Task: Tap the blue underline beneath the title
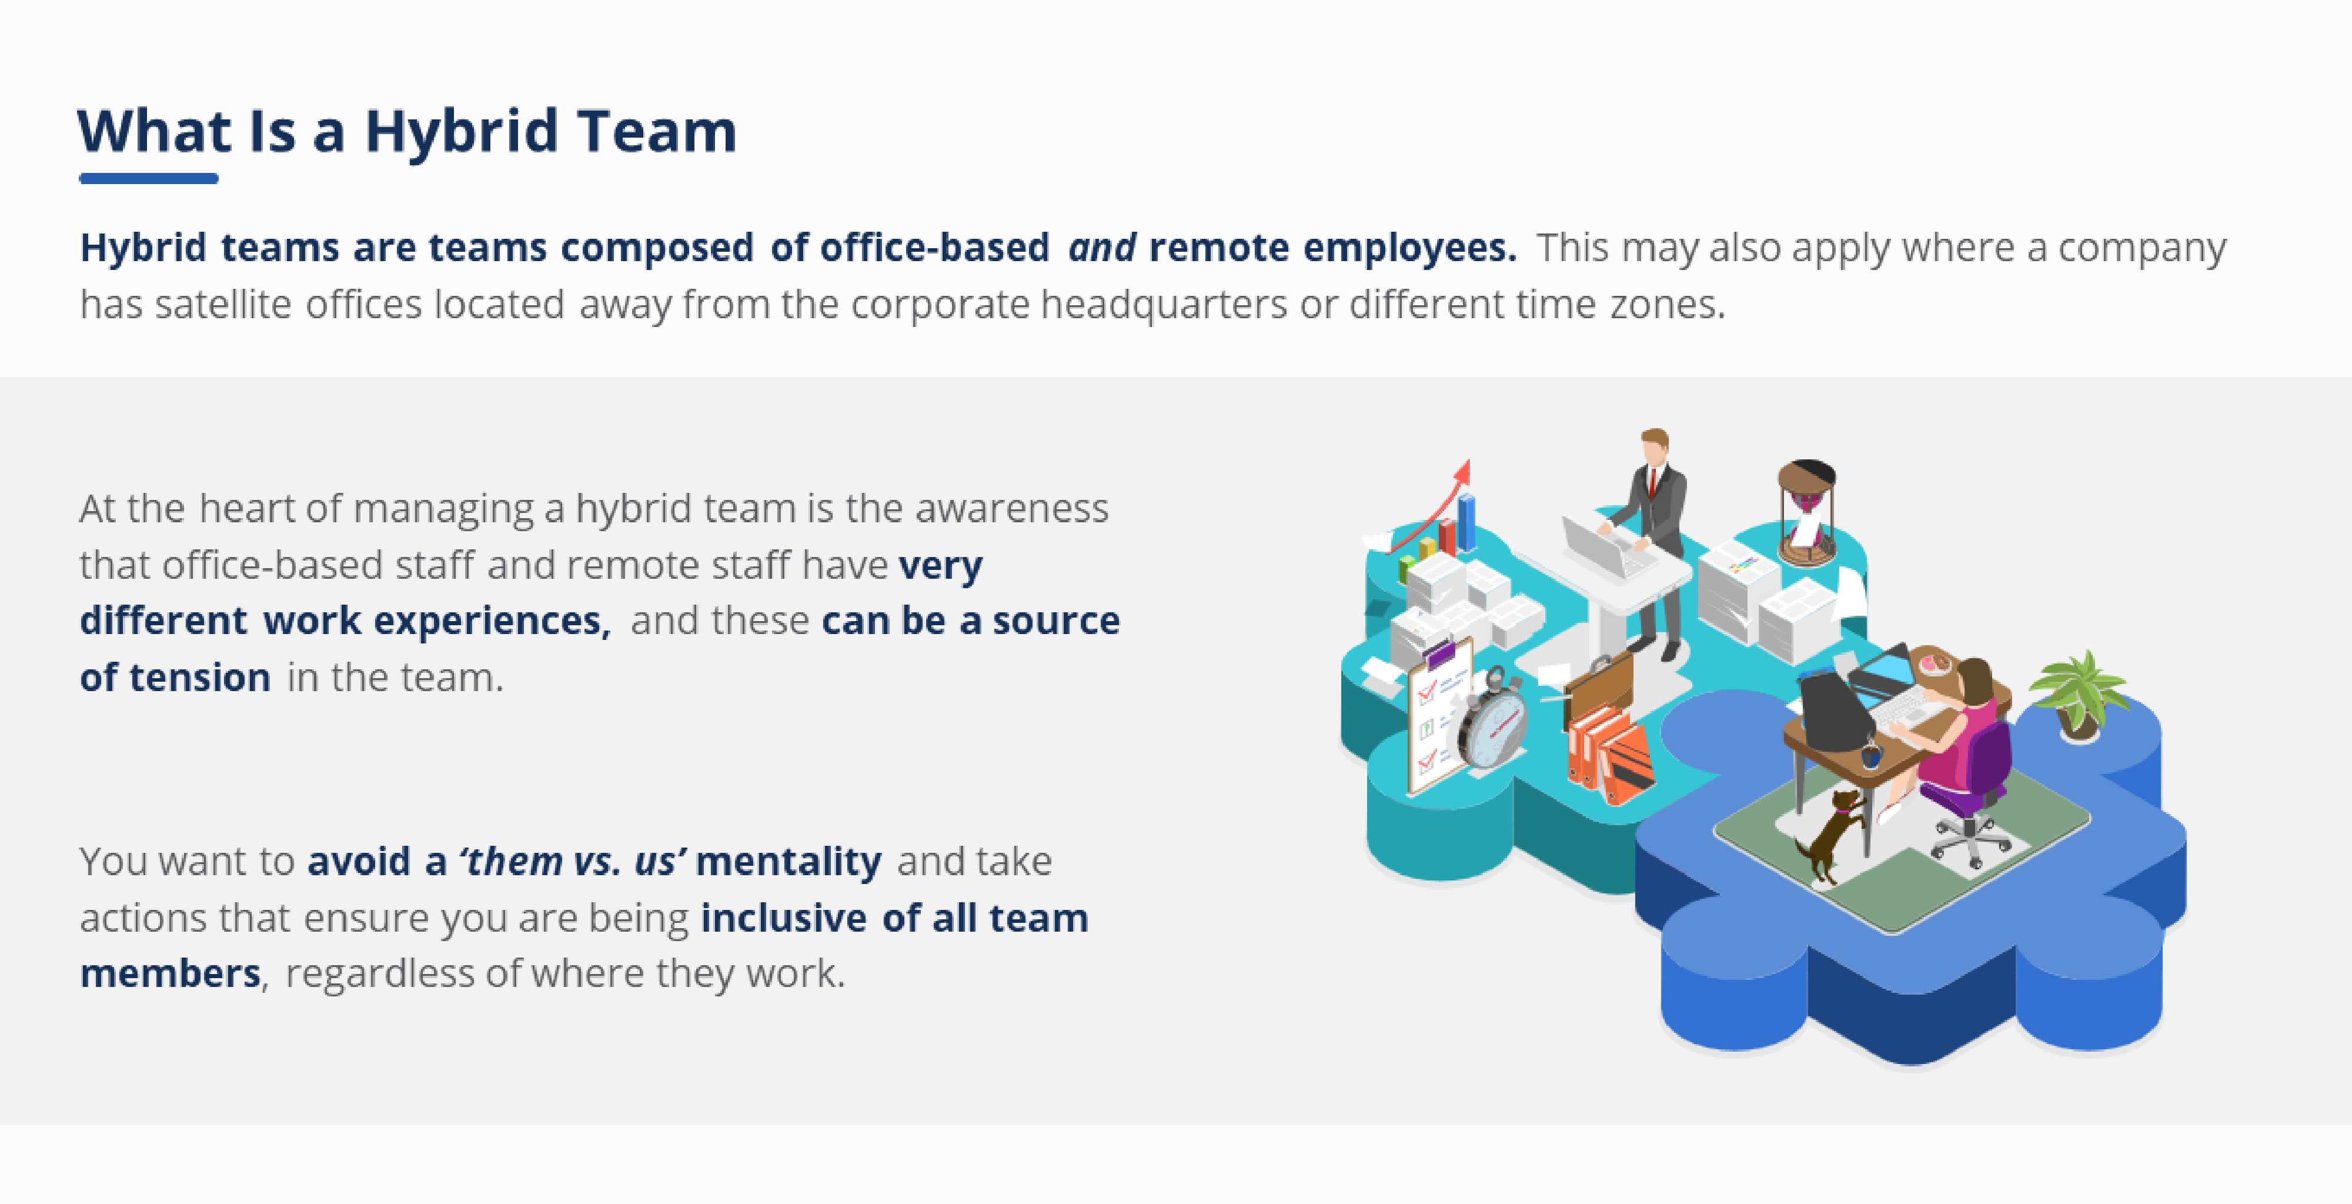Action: (x=149, y=178)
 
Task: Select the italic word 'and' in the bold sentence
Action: (x=1102, y=248)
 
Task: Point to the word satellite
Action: (x=223, y=304)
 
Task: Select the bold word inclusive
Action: (x=783, y=918)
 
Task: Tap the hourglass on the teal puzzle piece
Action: (x=1806, y=512)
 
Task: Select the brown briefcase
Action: (x=1598, y=690)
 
